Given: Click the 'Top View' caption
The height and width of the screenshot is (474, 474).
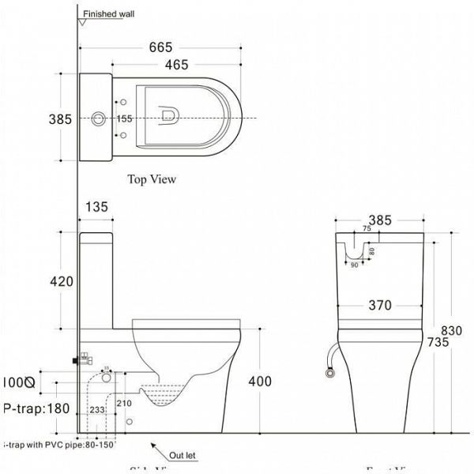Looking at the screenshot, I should (x=152, y=179).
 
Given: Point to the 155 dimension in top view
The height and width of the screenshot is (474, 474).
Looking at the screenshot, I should (x=125, y=119).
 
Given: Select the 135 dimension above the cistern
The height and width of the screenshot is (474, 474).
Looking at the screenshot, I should (x=96, y=209).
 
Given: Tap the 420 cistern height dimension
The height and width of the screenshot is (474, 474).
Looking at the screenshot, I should (x=61, y=281).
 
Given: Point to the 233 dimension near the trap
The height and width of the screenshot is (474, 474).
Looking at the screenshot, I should (x=96, y=410).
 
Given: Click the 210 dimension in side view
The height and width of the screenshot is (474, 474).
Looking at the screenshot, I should (x=124, y=404).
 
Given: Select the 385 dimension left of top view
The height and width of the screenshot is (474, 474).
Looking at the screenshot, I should (x=61, y=119).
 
